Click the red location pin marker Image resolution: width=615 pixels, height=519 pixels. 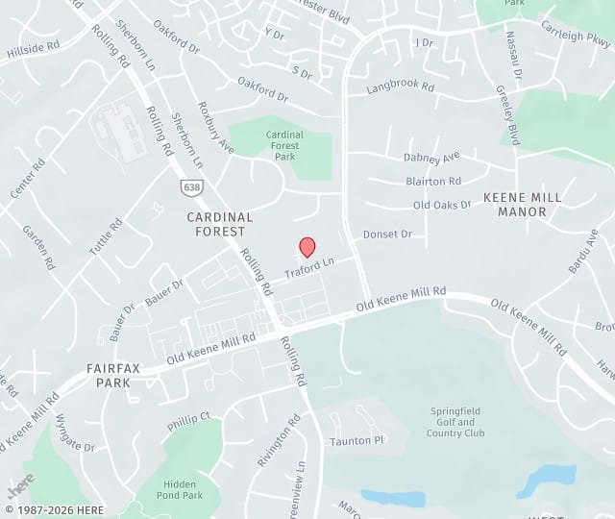coord(307,247)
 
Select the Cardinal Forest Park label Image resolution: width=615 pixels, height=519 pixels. coord(284,145)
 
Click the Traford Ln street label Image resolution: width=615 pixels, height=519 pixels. coord(309,267)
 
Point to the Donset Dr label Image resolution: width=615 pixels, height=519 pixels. coord(387,235)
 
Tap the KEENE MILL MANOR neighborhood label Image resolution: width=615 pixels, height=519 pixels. coord(522,204)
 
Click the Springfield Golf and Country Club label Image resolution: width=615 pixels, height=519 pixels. coord(455,422)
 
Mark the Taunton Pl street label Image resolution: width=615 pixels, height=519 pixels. coord(357,440)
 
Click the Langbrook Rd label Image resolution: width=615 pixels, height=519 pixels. coord(401,87)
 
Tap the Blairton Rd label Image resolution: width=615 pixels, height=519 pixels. coord(433,181)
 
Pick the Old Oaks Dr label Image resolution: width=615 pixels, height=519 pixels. coord(442,205)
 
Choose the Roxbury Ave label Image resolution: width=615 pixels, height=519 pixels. coord(215,127)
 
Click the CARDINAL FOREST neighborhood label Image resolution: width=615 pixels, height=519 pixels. coord(220,224)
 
